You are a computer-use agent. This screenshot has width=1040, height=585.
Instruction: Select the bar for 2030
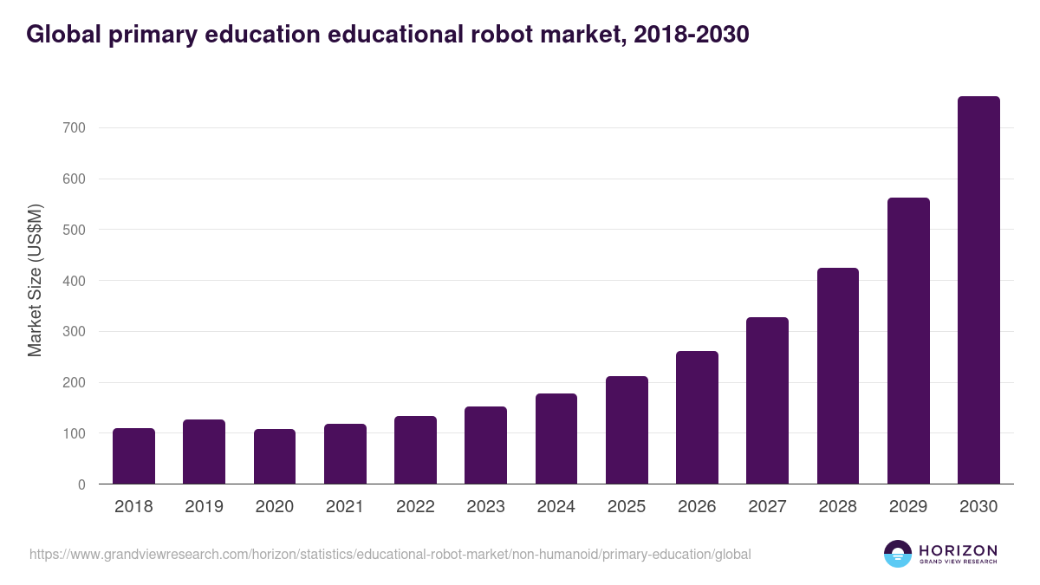(x=978, y=290)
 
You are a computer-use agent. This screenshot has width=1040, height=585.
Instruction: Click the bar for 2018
(x=133, y=456)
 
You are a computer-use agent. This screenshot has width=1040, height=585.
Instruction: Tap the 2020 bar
(x=275, y=457)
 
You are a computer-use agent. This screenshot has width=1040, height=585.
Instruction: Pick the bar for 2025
(x=627, y=430)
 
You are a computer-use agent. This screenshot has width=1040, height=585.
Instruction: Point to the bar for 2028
(x=838, y=375)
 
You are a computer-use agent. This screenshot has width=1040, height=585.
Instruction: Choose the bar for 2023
(x=485, y=445)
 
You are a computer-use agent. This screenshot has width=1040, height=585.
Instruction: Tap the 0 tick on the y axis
(x=81, y=484)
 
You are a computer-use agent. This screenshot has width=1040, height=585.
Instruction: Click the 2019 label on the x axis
(x=204, y=507)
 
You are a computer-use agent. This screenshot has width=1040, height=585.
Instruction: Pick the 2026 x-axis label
(x=697, y=507)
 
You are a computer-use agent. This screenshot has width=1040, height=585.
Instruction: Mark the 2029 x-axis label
(x=908, y=507)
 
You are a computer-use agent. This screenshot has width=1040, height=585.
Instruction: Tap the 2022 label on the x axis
(x=415, y=507)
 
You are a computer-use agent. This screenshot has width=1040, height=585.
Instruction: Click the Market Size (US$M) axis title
(x=35, y=280)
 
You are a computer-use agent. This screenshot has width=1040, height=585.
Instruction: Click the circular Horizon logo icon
(x=898, y=554)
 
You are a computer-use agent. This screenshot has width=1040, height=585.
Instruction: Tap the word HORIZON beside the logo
(x=958, y=549)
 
